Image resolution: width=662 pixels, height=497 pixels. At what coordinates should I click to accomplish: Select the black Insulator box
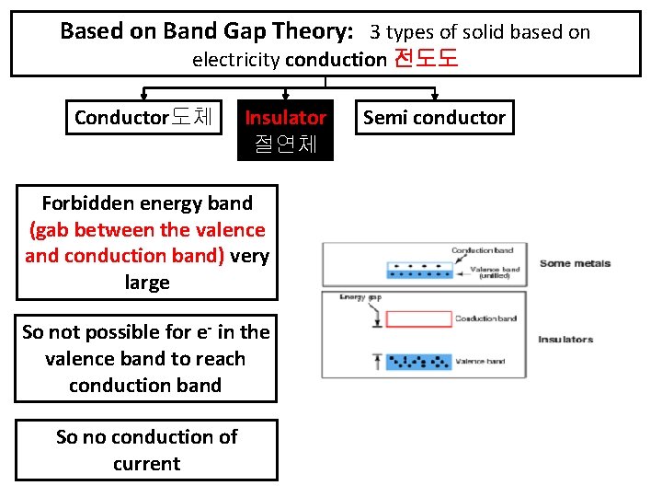[285, 131]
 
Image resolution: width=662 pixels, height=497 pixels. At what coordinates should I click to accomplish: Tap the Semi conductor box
[434, 118]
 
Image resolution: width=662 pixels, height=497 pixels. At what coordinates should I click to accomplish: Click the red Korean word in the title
[425, 60]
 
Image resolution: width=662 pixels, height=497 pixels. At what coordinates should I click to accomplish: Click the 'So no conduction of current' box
[146, 450]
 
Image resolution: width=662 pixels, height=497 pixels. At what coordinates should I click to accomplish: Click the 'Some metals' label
[575, 264]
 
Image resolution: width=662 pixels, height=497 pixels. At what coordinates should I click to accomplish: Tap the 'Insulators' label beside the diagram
[565, 340]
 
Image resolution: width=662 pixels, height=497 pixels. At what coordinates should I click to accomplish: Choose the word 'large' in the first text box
[146, 283]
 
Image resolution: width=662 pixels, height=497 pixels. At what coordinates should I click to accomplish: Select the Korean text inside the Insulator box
[285, 144]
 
